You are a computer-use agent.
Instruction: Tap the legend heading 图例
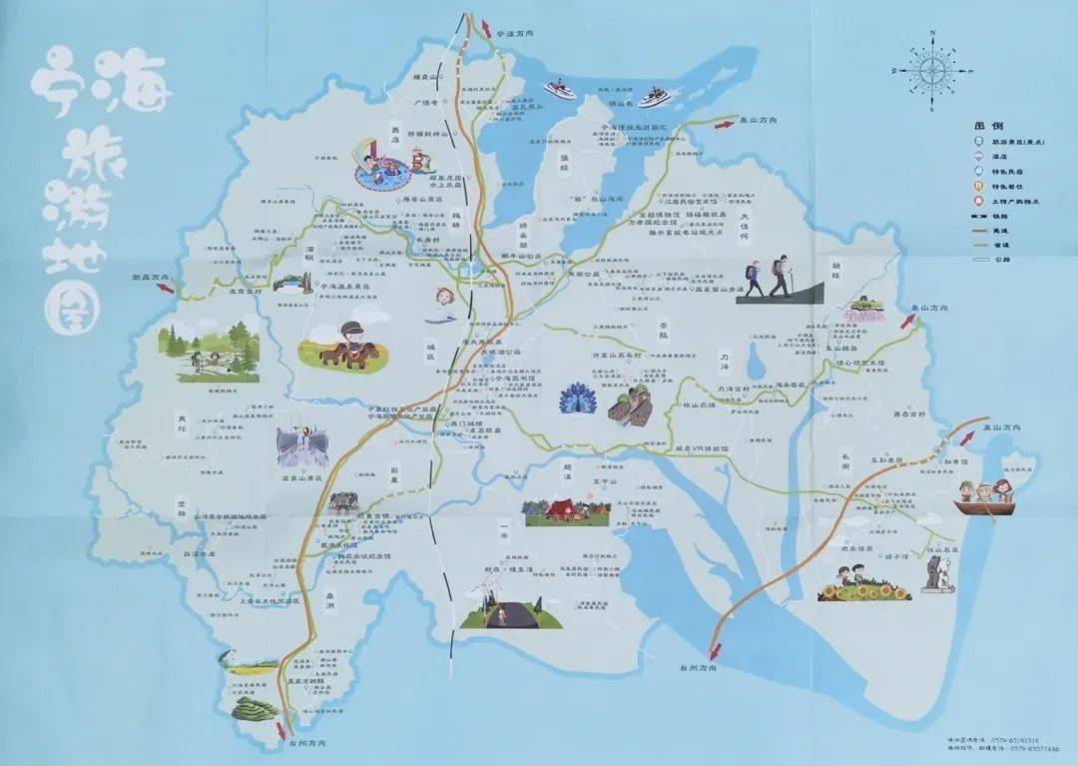coord(987,126)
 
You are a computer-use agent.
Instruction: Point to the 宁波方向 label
coord(516,33)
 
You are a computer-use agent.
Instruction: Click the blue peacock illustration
coord(575,400)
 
